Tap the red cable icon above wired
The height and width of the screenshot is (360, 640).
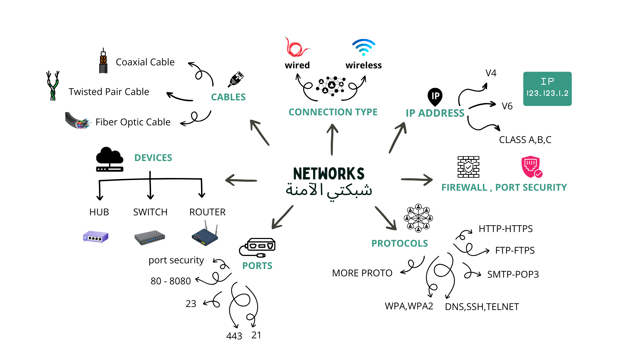[296, 47]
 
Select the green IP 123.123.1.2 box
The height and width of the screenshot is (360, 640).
[547, 89]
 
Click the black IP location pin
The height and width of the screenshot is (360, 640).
[435, 97]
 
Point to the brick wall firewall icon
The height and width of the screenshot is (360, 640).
[468, 167]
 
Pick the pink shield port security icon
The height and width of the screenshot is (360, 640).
[531, 167]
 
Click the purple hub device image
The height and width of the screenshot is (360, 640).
[96, 237]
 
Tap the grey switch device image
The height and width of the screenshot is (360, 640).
[150, 237]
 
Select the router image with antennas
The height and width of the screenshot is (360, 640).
[205, 235]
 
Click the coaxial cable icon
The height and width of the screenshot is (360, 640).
[103, 61]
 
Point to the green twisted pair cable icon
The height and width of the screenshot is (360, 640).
[53, 86]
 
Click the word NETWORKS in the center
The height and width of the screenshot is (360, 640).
[329, 174]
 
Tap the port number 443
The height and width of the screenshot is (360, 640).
[234, 336]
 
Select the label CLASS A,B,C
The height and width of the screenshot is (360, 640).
[525, 140]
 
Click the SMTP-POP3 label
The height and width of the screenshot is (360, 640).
[513, 274]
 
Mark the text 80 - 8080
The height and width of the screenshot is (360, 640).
[171, 281]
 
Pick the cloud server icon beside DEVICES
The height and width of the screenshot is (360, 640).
[110, 160]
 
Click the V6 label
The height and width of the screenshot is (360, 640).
[507, 106]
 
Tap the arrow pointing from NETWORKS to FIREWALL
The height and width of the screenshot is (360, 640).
[417, 180]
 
